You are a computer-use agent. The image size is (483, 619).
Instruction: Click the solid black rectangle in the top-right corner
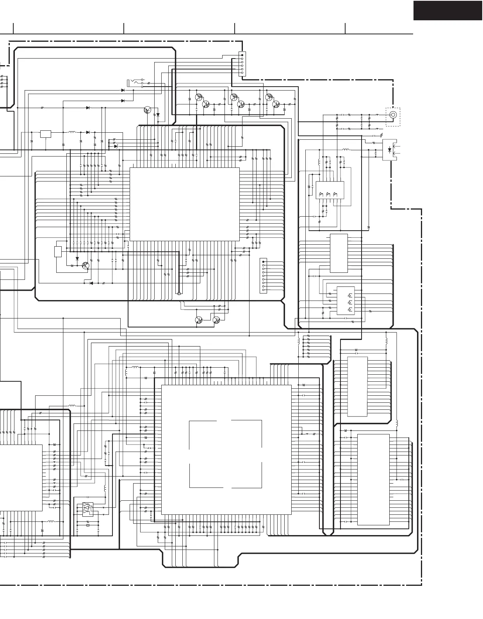point(447,11)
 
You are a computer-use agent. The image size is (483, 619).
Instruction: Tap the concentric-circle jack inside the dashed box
point(393,115)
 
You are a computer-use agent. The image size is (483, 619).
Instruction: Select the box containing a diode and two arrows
point(389,150)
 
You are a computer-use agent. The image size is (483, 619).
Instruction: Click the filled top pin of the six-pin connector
point(242,55)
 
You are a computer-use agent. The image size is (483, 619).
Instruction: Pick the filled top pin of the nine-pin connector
point(264,261)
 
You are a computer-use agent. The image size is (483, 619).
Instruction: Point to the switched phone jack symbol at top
point(135,83)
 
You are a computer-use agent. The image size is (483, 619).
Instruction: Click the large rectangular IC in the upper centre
point(184,204)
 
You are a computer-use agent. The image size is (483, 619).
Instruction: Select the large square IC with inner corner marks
point(226,450)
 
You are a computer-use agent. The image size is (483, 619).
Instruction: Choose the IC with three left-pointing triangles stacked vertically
point(345,301)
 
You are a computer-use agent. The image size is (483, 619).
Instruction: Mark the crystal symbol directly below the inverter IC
point(88,525)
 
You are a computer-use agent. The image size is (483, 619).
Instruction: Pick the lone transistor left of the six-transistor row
point(148,110)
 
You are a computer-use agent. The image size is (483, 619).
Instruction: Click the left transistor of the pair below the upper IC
point(199,320)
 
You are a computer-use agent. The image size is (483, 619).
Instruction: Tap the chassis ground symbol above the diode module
point(381,135)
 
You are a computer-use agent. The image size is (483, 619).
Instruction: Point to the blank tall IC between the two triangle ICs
point(339,253)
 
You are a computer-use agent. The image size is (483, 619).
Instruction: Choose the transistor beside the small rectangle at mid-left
point(85,266)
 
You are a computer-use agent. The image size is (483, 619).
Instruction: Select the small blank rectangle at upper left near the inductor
point(46,134)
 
